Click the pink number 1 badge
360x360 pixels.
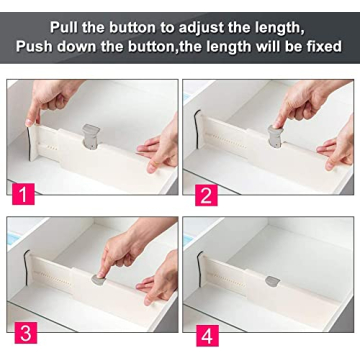pyautogui.click(x=21, y=188)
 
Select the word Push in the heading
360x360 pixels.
pyautogui.click(x=41, y=46)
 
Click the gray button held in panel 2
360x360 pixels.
pyautogui.click(x=277, y=133)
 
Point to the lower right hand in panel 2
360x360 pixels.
pyautogui.click(x=340, y=150)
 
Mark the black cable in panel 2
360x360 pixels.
pyautogui.click(x=197, y=125)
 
